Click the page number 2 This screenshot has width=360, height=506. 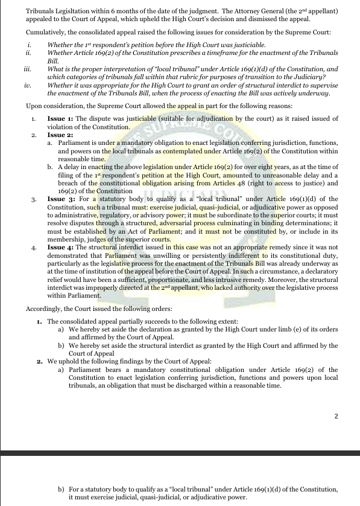pos(336,415)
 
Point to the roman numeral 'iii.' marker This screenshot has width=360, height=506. pos(27,69)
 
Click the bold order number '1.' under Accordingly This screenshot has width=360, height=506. pos(39,321)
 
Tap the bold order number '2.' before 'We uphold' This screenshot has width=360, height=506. pos(39,360)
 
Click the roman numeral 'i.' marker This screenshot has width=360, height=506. pos(28,45)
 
